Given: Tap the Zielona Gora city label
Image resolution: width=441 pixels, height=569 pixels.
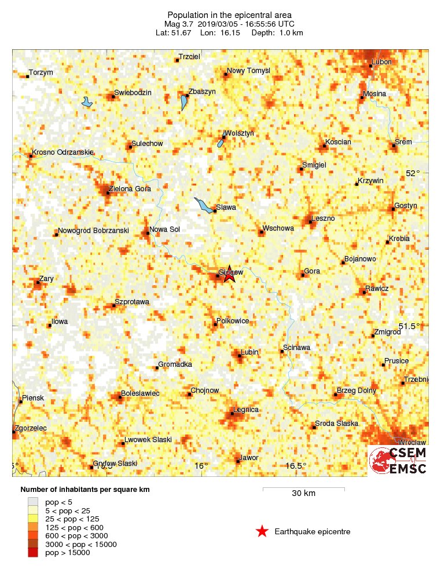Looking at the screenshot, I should (130, 188).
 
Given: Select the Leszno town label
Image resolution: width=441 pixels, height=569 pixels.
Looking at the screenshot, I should (323, 218).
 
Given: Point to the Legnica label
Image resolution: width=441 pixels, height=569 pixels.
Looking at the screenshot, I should (245, 410).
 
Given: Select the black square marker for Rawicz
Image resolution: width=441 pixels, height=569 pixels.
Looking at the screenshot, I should (364, 292).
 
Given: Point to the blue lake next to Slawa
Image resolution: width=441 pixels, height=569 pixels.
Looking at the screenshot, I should (203, 205).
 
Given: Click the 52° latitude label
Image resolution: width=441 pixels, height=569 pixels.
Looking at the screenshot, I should (412, 173).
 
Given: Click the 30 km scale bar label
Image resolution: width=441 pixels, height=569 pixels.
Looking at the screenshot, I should (303, 494).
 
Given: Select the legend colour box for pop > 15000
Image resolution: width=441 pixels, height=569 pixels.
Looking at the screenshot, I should (33, 553).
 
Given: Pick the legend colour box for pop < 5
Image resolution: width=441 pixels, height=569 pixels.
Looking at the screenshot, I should (33, 501).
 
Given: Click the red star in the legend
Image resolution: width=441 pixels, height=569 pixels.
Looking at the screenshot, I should (262, 531).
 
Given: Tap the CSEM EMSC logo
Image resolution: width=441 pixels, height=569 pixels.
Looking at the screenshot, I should (398, 461).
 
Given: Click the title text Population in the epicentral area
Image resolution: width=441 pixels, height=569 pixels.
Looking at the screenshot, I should (229, 14).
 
